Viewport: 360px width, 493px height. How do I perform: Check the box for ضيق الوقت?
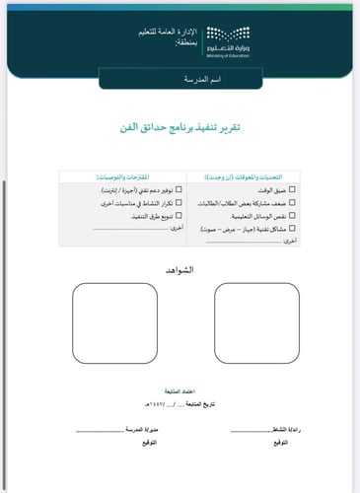(x=292, y=188)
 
